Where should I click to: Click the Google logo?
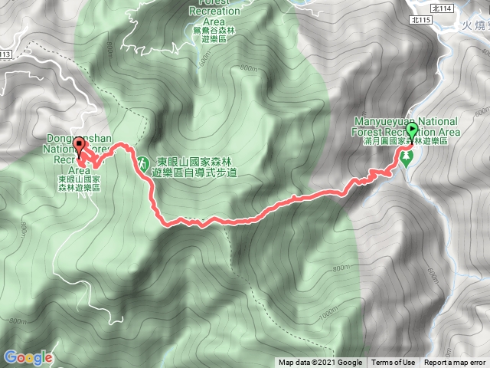[x=28, y=357]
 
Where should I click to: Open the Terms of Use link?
[x=394, y=363]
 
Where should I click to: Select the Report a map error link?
[x=456, y=363]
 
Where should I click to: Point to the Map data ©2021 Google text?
[x=320, y=363]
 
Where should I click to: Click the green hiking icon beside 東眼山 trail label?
[x=142, y=163]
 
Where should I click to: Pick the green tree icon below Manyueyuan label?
[x=407, y=158]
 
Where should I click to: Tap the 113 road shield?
[x=5, y=55]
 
